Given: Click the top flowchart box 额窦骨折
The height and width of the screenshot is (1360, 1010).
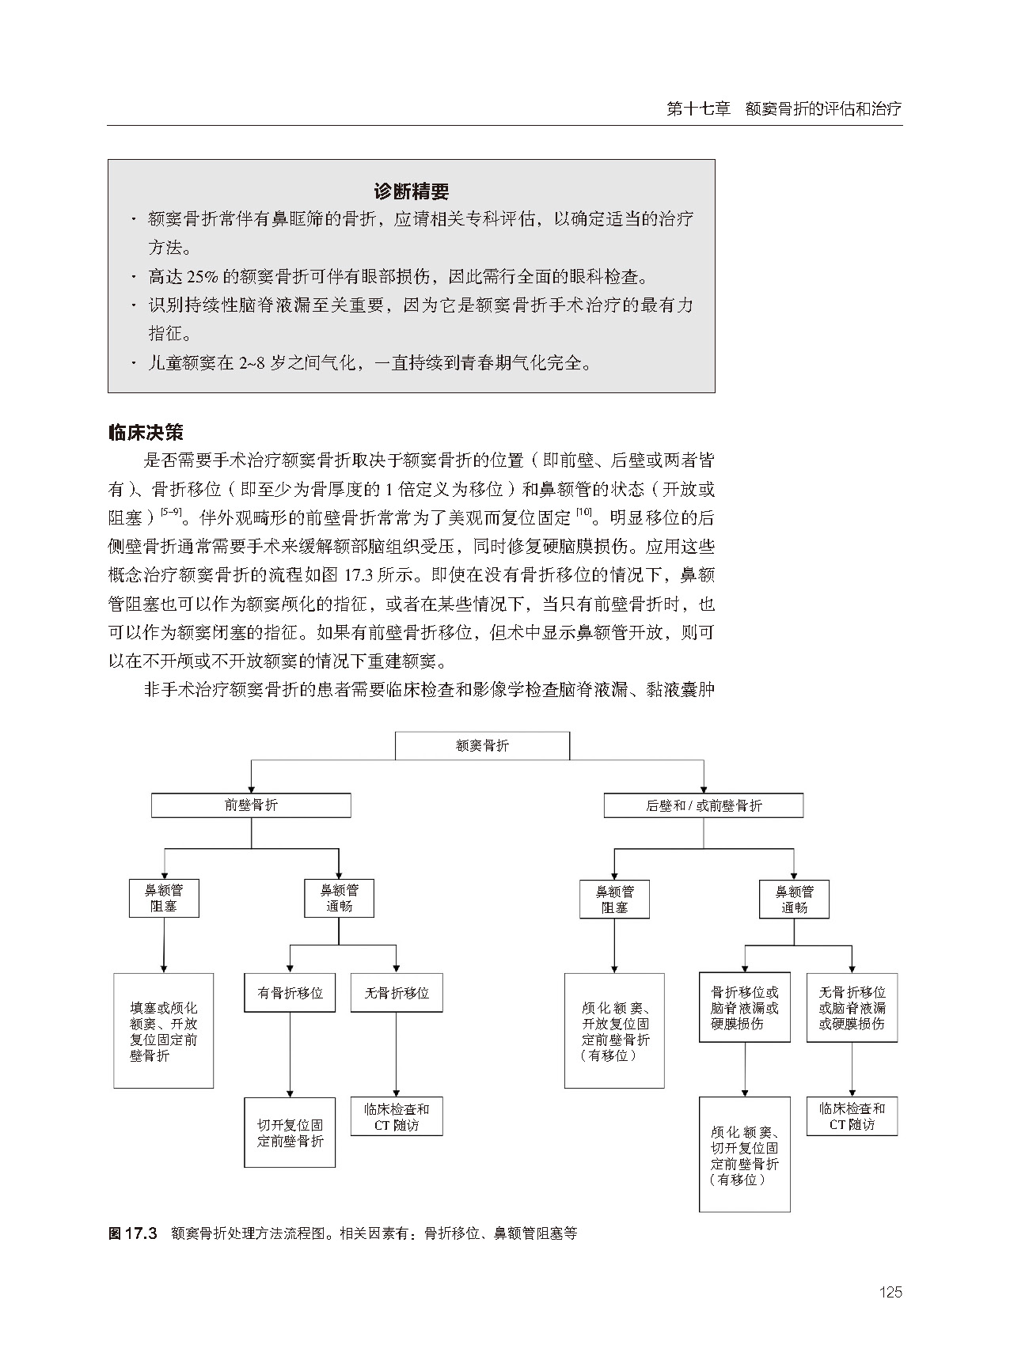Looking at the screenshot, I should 482,745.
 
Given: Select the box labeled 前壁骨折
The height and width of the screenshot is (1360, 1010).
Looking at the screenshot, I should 251,805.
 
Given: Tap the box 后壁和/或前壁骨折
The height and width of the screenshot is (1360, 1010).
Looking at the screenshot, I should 703,806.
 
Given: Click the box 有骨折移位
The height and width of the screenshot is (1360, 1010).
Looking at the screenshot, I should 290,993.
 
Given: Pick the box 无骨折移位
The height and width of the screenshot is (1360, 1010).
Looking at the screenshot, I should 396,993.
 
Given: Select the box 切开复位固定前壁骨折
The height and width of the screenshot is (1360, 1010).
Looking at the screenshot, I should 290,1132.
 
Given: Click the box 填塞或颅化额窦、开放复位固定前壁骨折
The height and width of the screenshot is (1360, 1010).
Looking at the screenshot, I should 164,1031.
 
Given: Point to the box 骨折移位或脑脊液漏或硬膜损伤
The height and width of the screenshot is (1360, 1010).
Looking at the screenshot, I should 744,1007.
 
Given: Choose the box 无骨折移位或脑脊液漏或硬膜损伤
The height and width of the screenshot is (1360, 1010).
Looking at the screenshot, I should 852,1007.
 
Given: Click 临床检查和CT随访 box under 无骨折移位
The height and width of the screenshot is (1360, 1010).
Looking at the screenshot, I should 396,1116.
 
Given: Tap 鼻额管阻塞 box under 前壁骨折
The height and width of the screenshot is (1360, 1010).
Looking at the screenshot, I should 164,898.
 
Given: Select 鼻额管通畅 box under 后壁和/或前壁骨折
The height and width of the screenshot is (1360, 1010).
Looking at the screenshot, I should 794,899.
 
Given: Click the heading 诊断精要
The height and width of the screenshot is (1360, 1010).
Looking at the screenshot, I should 411,191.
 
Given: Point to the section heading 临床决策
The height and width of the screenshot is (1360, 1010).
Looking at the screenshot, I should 146,433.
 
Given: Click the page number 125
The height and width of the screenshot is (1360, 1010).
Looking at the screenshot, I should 890,1292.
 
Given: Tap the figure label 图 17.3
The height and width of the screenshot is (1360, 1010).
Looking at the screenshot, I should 133,1233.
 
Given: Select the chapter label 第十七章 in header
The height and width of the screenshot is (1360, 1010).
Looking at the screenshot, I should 698,109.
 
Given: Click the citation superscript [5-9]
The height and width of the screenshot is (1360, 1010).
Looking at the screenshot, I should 169,513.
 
